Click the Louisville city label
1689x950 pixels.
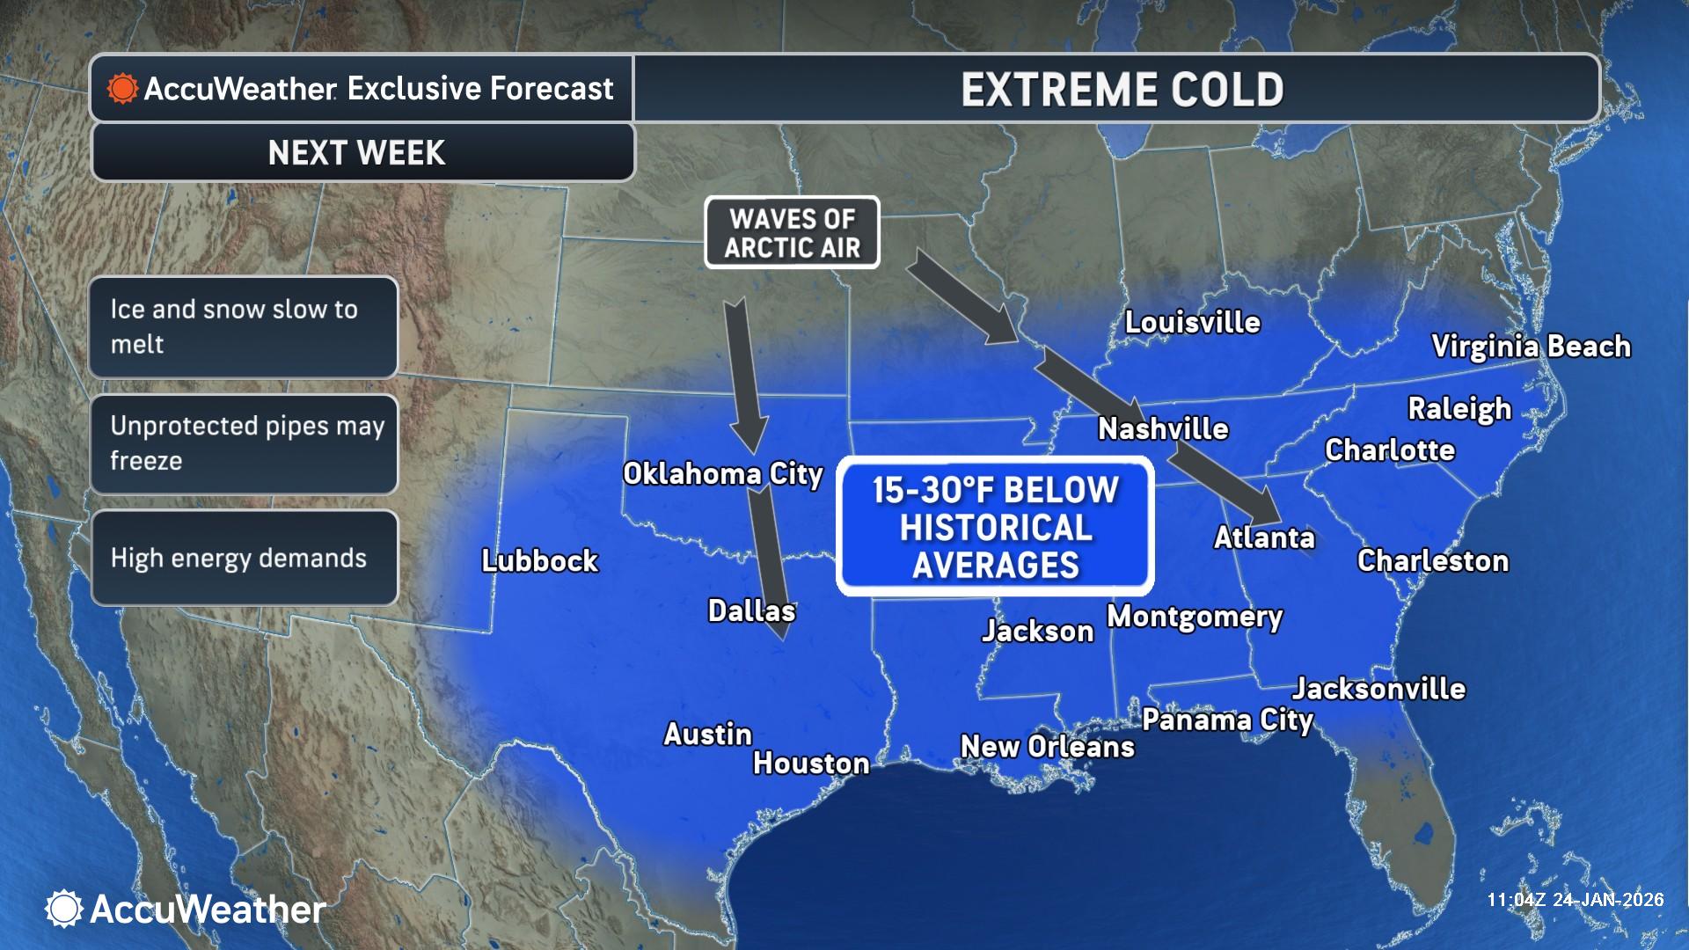coord(1192,323)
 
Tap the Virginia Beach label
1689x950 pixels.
coord(1531,347)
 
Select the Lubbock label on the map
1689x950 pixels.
coord(539,561)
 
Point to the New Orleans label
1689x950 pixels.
coord(1047,747)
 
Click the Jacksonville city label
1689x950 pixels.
coord(1378,689)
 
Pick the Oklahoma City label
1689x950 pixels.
coord(722,474)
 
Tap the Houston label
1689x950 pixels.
coord(810,764)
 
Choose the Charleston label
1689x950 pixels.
coord(1432,561)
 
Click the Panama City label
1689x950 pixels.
coord(1227,720)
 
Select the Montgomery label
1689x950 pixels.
coord(1194,617)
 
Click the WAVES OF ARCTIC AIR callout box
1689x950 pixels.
coord(792,233)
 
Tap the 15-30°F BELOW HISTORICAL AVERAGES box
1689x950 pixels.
coord(995,527)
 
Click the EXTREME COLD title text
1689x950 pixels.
coord(1122,90)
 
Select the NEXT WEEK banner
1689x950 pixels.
coord(357,153)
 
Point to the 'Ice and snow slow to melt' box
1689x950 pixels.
coord(243,327)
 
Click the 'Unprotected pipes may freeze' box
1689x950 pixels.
coord(243,443)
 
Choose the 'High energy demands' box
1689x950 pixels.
coord(243,559)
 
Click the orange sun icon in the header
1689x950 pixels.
coord(122,89)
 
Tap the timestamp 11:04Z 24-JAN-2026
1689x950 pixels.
coord(1575,900)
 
